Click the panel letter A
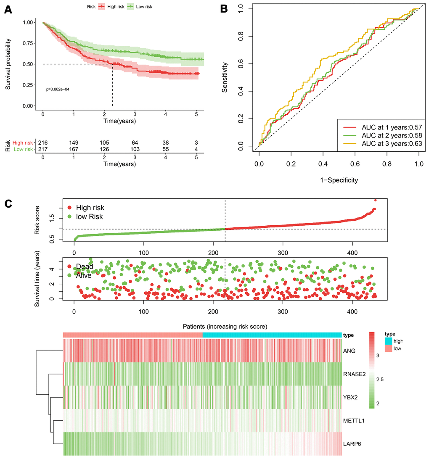[8, 10]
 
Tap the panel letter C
[8, 204]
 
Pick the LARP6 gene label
[352, 443]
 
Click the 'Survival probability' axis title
[8, 64]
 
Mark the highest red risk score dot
[375, 200]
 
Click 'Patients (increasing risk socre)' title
[225, 326]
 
